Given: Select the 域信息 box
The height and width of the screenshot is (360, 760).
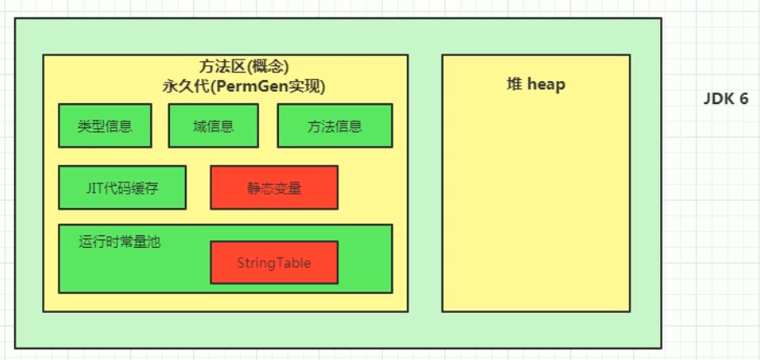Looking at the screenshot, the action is point(213,126).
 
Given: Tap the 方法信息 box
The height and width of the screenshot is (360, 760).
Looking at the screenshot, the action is point(334,126).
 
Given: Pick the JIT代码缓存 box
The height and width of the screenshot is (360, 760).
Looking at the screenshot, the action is point(122,187).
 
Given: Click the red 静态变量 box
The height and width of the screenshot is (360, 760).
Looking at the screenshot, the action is point(274,187).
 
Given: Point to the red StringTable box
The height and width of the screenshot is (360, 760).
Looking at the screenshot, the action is point(274,263).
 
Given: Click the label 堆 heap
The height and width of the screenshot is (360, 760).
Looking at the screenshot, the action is point(536,84).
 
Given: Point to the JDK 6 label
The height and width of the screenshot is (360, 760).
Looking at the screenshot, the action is point(725,99).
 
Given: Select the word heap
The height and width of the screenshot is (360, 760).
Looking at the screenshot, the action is point(545,84).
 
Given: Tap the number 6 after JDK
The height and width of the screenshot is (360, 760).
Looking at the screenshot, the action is point(743,99).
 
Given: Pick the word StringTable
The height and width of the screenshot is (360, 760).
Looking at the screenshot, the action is point(274,263).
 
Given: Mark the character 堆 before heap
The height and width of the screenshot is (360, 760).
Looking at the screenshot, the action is point(514,84).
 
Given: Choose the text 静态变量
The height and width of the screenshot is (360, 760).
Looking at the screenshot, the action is point(274,187).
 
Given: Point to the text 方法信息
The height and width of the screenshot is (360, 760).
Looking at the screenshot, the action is point(334,126).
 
